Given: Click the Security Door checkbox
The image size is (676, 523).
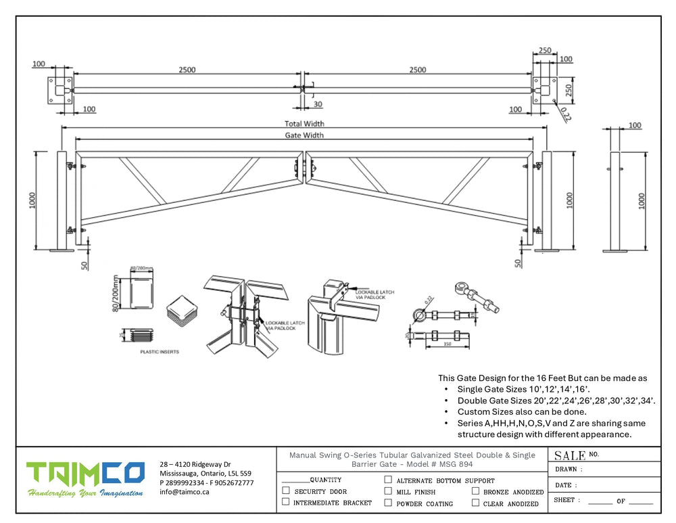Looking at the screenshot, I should [x=286, y=491].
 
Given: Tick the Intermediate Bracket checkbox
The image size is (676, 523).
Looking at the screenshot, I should [x=286, y=502].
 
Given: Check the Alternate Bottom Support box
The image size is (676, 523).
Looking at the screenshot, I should [x=388, y=480].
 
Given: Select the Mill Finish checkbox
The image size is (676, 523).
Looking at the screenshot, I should [x=388, y=491].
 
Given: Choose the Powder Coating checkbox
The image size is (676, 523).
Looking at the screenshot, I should [x=388, y=503].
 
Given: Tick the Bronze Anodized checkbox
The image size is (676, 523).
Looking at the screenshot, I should [x=476, y=491].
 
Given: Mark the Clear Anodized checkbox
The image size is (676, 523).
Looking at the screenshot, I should [x=476, y=503].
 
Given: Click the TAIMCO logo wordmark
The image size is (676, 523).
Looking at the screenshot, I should [x=85, y=474].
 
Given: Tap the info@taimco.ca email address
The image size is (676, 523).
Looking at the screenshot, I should [x=185, y=492].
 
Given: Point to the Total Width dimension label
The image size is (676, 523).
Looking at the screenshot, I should [x=304, y=124].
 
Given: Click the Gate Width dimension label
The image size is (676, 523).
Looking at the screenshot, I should [x=304, y=135].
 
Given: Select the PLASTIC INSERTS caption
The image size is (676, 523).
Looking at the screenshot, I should [x=160, y=352].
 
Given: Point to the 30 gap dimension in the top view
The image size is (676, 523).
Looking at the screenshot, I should [x=318, y=104].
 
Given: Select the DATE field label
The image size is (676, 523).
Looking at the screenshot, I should [x=565, y=484].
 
